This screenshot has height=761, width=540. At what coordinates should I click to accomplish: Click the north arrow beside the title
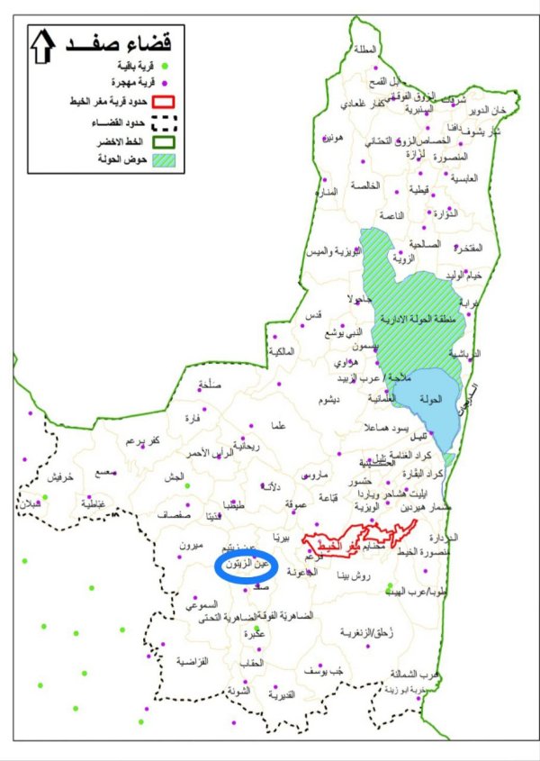pyautogui.click(x=42, y=46)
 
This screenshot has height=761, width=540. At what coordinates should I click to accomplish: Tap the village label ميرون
pyautogui.click(x=193, y=547)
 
